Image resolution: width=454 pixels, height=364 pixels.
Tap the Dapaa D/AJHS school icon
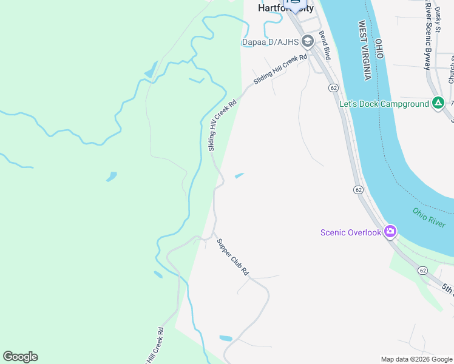click(307, 41)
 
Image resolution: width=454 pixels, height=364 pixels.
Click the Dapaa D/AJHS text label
click(269, 42)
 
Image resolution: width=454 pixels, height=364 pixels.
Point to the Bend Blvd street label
click(324, 45)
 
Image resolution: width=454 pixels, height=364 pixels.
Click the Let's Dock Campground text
click(384, 104)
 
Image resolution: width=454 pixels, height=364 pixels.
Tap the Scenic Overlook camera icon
click(390, 232)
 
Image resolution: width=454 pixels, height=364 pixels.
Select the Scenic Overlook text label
click(351, 232)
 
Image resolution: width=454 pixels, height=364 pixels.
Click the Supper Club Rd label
click(233, 258)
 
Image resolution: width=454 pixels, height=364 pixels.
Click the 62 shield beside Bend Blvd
click(334, 88)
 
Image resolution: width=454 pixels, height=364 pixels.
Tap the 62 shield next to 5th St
click(422, 270)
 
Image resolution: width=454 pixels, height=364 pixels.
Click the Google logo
click(20, 356)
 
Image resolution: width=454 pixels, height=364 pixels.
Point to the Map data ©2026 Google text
click(416, 359)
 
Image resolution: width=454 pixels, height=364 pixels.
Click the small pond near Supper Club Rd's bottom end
click(225, 338)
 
